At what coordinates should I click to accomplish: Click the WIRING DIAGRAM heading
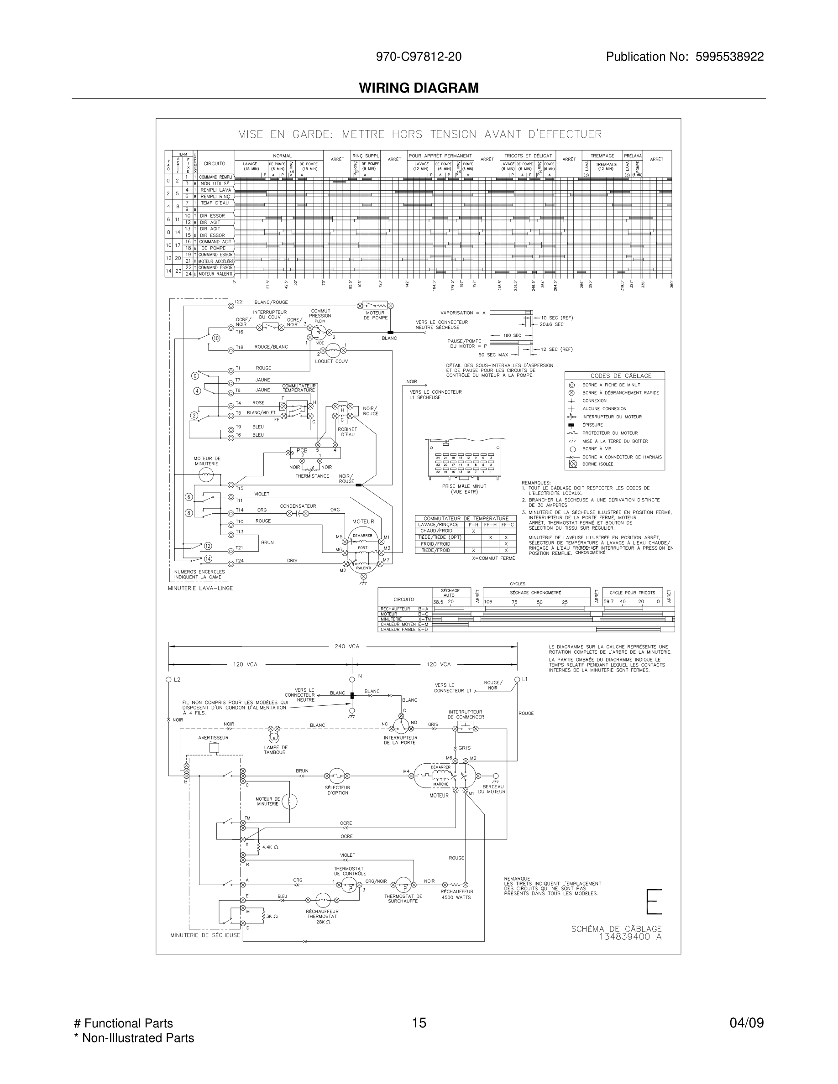click(x=419, y=88)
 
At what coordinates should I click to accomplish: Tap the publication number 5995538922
click(x=729, y=57)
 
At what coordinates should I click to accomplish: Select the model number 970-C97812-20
click(x=419, y=57)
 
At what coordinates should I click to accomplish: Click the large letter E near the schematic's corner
click(x=654, y=902)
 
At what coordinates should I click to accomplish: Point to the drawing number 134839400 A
click(x=630, y=937)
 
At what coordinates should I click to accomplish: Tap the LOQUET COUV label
click(x=331, y=361)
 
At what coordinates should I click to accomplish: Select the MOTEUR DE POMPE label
click(x=375, y=315)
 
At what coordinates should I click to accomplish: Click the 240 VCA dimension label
click(x=346, y=646)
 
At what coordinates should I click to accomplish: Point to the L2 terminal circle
click(x=168, y=679)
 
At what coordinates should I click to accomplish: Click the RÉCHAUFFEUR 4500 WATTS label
click(x=456, y=894)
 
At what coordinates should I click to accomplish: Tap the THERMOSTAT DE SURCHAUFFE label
click(x=403, y=898)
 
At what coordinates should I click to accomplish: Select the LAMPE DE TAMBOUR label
click(x=276, y=750)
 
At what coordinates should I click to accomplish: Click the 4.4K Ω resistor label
click(x=270, y=847)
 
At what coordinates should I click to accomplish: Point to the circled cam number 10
click(x=216, y=338)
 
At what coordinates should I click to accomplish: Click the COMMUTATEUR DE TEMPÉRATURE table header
click(x=466, y=518)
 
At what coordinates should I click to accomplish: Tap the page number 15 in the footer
click(x=419, y=1022)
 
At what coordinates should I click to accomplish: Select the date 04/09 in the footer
click(x=746, y=1022)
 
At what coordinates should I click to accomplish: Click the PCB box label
click(x=302, y=450)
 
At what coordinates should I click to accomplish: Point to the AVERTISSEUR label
click(x=214, y=738)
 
